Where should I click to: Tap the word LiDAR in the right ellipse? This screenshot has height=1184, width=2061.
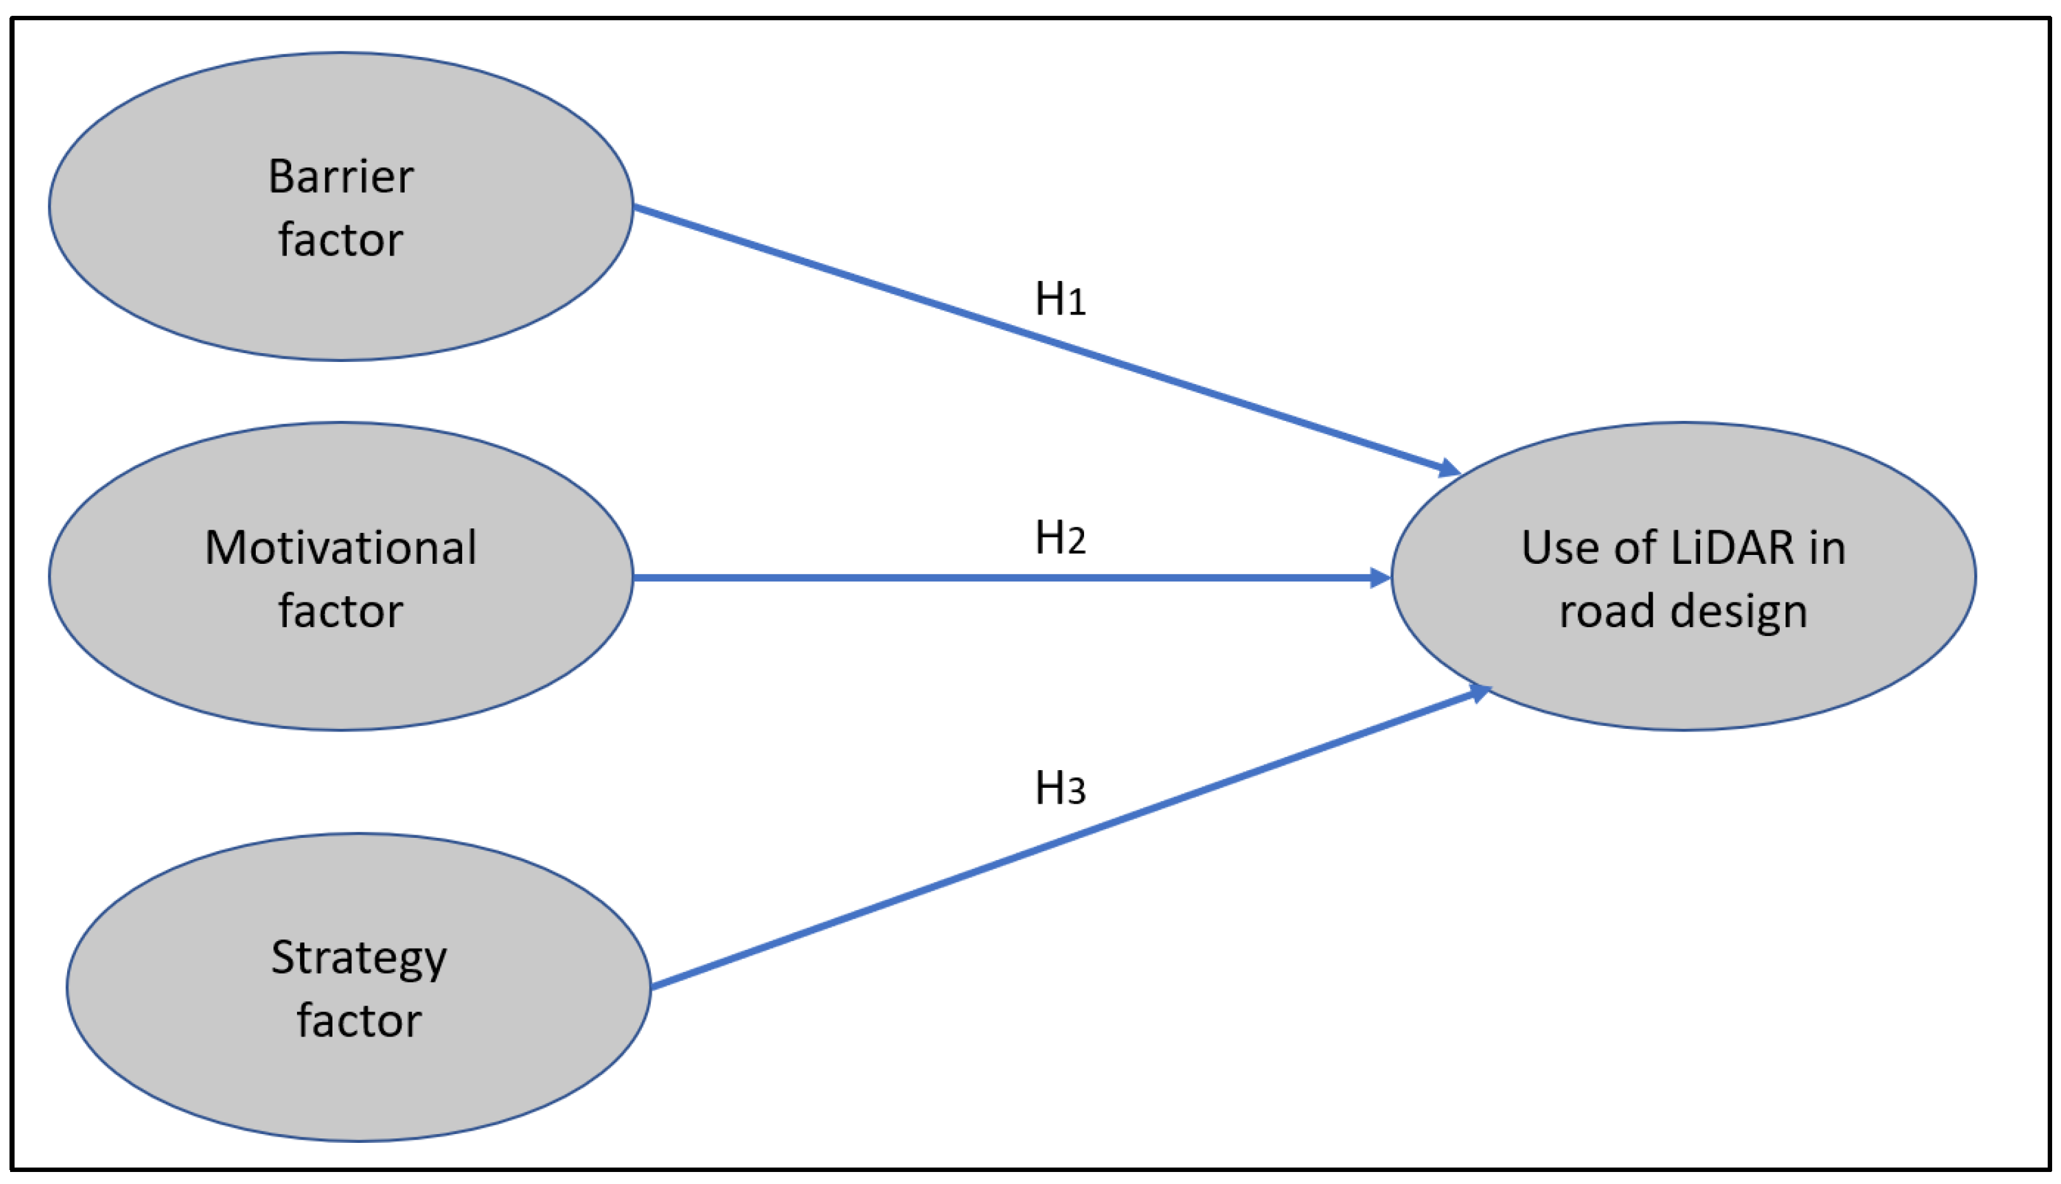(1732, 547)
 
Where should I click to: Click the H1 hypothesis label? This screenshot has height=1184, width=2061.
(1059, 299)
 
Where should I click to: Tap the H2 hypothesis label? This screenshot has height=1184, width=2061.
(1059, 537)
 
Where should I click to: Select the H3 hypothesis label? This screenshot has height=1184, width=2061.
(1059, 788)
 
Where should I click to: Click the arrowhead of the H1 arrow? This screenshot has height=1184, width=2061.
(1450, 469)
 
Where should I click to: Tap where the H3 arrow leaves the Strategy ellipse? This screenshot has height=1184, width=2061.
(653, 987)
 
